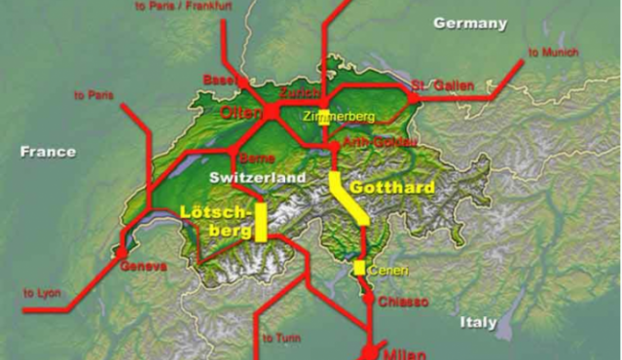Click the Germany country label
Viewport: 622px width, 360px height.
[470, 22]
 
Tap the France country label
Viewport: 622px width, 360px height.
[47, 152]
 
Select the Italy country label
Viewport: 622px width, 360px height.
[479, 322]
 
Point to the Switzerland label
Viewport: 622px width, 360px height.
[257, 178]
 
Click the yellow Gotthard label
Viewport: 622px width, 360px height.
[391, 186]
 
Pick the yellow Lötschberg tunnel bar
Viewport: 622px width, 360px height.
[261, 221]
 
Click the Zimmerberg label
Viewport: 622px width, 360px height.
[339, 117]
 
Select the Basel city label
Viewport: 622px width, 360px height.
[220, 79]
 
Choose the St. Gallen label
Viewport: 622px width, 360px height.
[443, 86]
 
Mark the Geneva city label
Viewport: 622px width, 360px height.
[143, 266]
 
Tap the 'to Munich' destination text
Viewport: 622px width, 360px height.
[553, 52]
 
